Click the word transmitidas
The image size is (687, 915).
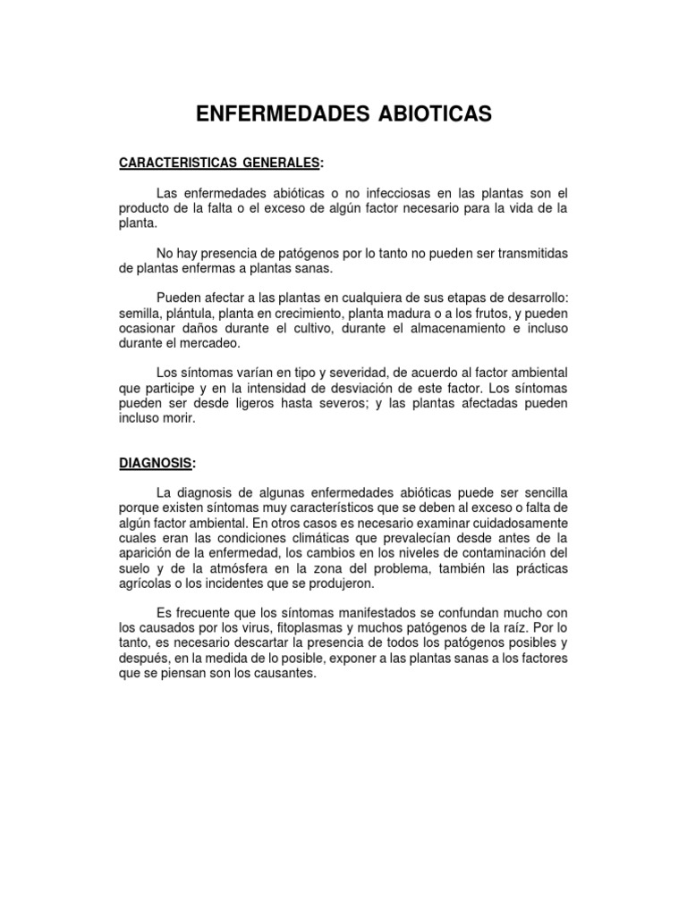[523, 254]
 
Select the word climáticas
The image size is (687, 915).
[338, 539]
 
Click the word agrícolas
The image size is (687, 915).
[146, 584]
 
